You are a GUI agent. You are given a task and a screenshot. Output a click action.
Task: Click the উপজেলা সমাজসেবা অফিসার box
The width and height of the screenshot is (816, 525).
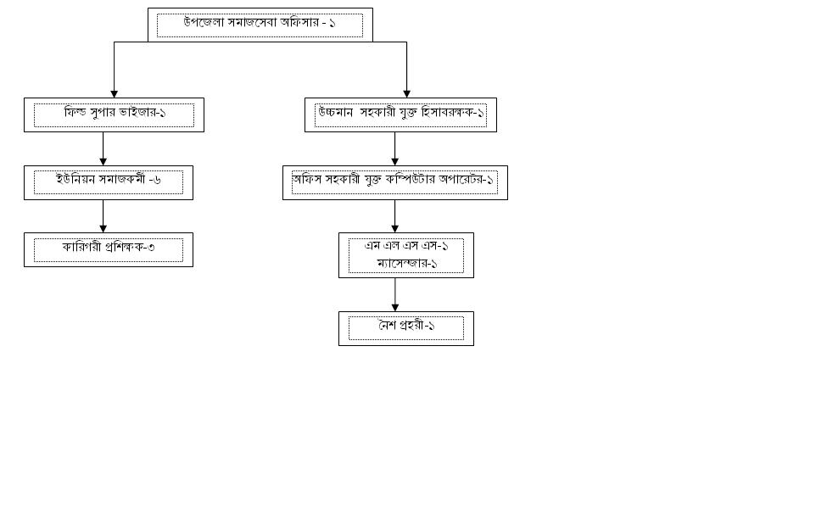coord(260,25)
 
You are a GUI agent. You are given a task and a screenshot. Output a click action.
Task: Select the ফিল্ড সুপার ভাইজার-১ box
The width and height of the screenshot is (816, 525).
coord(114,114)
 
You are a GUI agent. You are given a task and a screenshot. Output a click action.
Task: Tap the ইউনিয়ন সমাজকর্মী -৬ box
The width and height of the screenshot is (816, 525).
coord(108,182)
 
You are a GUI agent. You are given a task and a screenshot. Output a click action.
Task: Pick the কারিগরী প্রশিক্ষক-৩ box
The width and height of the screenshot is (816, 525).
coord(108,249)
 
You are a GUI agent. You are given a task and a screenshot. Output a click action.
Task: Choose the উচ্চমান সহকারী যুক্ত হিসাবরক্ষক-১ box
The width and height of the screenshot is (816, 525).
coord(400,114)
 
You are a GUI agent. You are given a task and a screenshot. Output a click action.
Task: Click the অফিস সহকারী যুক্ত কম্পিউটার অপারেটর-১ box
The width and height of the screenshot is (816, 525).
coord(394,182)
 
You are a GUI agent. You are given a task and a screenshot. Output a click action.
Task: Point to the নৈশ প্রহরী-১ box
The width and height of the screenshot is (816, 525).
coord(405,328)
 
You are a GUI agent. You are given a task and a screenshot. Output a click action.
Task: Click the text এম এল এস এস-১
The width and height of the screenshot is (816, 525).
coord(406,246)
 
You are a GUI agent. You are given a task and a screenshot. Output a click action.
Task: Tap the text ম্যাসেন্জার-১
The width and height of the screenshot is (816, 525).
coord(407,263)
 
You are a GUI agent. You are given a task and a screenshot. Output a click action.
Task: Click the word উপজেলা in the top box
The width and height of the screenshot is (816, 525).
coord(204,23)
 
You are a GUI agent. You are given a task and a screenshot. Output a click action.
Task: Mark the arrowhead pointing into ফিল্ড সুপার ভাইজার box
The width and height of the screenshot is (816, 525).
coord(114,93)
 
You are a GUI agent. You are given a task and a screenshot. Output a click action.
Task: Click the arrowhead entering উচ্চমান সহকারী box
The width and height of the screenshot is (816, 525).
coord(406,93)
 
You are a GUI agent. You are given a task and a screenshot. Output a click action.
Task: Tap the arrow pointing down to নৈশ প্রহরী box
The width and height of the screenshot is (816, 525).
coord(394,295)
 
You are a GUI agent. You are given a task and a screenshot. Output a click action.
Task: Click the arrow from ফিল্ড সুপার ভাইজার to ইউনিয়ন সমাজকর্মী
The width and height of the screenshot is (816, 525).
coord(103,148)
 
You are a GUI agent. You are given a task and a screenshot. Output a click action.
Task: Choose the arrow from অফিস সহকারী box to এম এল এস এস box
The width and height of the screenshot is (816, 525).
coord(394,216)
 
